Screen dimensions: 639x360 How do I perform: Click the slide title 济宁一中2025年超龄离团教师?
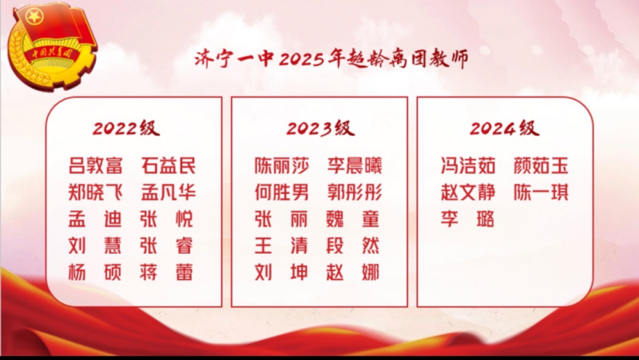click(x=331, y=59)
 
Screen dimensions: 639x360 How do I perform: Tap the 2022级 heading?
click(x=126, y=128)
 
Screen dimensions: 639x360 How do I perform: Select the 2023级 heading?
click(x=320, y=128)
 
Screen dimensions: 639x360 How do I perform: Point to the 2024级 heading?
click(x=505, y=128)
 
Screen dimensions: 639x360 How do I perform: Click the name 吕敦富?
click(x=96, y=166)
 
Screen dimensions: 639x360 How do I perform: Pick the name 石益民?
click(x=169, y=166)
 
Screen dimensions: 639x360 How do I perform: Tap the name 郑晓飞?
click(x=96, y=192)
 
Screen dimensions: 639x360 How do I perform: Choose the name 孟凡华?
click(x=169, y=192)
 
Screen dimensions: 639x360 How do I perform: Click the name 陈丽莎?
click(x=282, y=166)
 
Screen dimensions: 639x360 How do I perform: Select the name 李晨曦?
click(x=355, y=166)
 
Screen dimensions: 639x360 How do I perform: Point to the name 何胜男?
click(x=282, y=192)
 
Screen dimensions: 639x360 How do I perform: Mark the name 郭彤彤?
click(x=355, y=192)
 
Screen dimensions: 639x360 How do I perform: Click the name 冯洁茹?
click(x=468, y=166)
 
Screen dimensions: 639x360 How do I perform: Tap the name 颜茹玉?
click(x=541, y=166)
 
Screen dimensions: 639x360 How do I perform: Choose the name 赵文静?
click(x=468, y=192)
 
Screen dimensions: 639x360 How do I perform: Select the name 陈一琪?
click(x=541, y=192)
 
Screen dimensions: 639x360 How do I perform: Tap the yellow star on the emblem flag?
click(x=34, y=17)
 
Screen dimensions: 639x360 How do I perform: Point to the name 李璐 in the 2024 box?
click(x=468, y=219)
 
